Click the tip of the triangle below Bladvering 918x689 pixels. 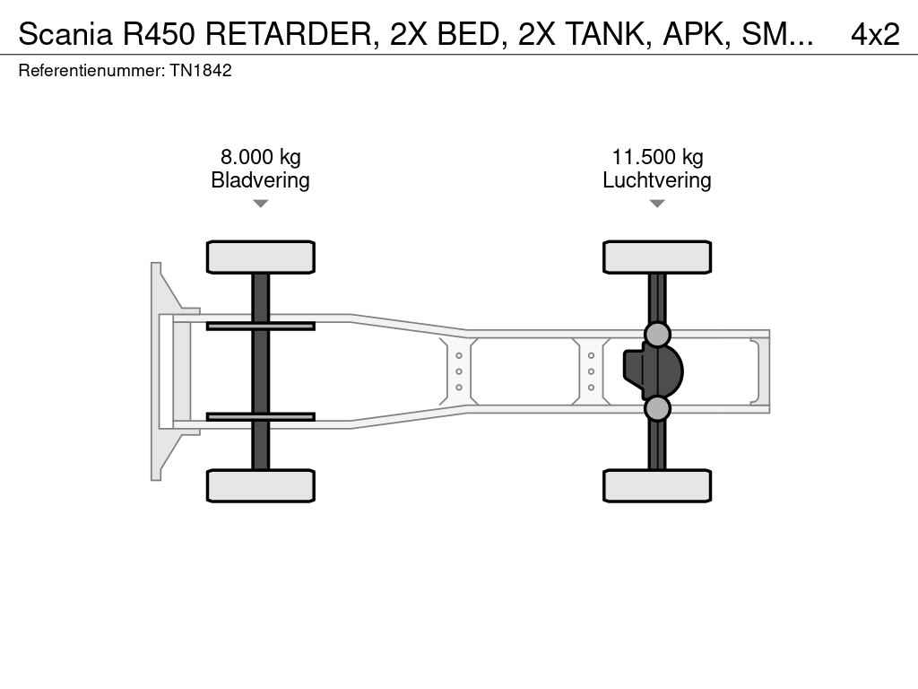coord(261,207)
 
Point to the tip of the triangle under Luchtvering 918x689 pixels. coord(657,207)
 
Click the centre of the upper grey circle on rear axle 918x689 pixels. coord(657,335)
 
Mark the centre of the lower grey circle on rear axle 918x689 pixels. coord(657,408)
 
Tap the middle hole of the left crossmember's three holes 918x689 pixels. coord(459,371)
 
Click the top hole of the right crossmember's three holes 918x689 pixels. coord(592,355)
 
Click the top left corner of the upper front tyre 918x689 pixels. coord(207,240)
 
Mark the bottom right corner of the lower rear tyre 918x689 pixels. coord(711,502)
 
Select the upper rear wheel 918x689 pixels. coord(657,257)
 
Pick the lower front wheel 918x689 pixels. coord(261,485)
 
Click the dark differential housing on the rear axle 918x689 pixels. coord(653,371)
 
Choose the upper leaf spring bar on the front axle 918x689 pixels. coord(261,327)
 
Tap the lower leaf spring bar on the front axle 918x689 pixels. coord(261,416)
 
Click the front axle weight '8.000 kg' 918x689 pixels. coord(261,157)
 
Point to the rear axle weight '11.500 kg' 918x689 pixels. coord(657,157)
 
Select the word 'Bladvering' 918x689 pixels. coord(261,179)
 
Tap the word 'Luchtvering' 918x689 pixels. coord(657,179)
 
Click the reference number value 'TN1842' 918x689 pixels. coord(201,70)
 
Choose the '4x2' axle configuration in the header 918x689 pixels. coord(875,34)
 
